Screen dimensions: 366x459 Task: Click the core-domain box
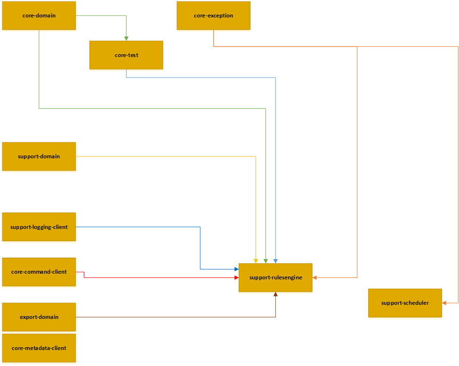39,16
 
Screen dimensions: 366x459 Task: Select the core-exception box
213,16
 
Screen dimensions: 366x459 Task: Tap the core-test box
126,55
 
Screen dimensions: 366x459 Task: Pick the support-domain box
39,156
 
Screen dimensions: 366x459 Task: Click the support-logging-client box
39,227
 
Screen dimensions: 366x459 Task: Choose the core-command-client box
39,272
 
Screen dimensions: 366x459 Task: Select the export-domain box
39,317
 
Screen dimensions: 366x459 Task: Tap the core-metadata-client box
39,348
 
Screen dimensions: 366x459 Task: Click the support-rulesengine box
275,277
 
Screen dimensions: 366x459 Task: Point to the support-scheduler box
405,303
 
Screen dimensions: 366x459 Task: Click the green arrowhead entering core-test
126,38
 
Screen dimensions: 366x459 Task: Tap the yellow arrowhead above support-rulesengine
256,261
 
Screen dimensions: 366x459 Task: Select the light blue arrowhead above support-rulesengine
275,261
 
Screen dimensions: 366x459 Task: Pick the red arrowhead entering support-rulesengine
236,277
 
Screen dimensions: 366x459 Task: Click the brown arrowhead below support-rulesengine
275,294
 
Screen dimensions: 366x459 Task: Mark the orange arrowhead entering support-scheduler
444,303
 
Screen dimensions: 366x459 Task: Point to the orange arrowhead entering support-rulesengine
315,277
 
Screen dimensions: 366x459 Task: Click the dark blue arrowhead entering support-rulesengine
236,269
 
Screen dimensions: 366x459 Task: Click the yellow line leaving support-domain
165,156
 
